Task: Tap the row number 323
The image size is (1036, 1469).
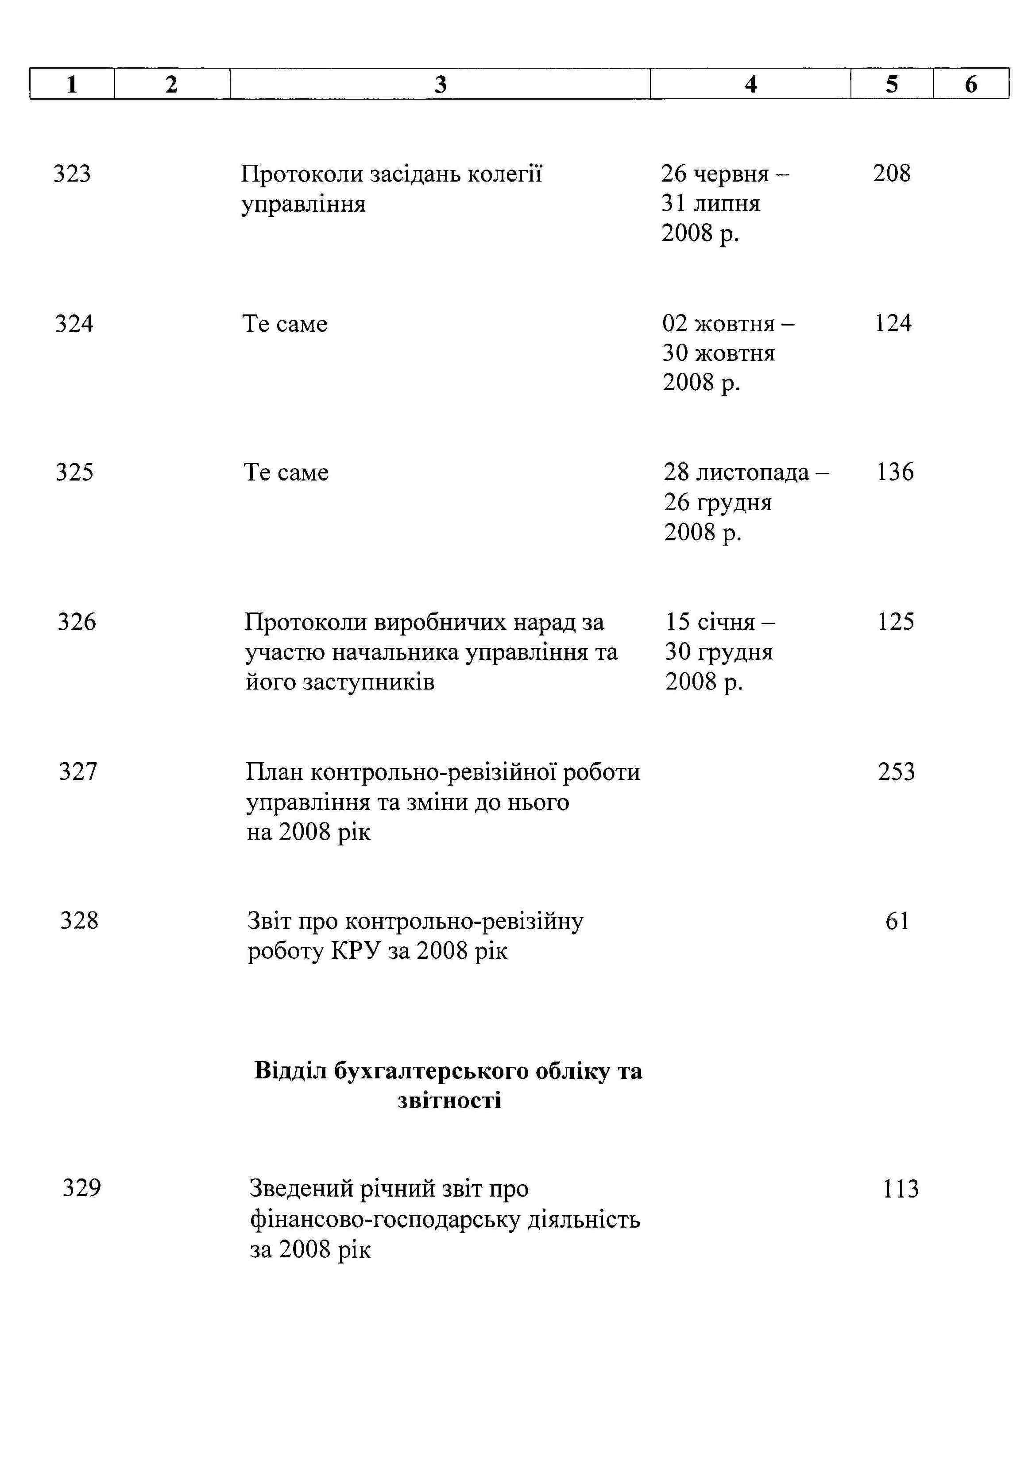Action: point(72,174)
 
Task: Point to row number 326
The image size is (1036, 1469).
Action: point(77,621)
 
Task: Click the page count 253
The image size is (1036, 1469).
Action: point(896,771)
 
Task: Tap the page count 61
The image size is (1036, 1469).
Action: point(897,921)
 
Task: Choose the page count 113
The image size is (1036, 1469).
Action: point(901,1189)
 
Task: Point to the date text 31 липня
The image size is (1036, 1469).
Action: point(711,203)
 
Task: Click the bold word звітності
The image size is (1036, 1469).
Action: point(449,1101)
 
